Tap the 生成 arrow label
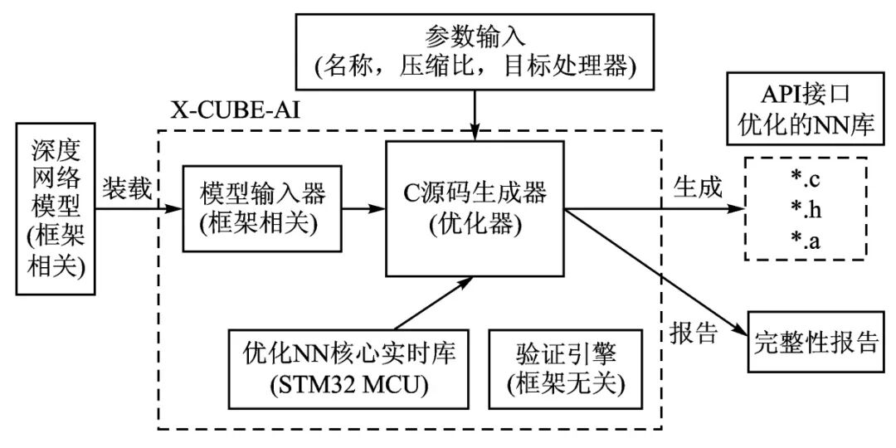[x=694, y=187]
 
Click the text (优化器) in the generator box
[x=475, y=224]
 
